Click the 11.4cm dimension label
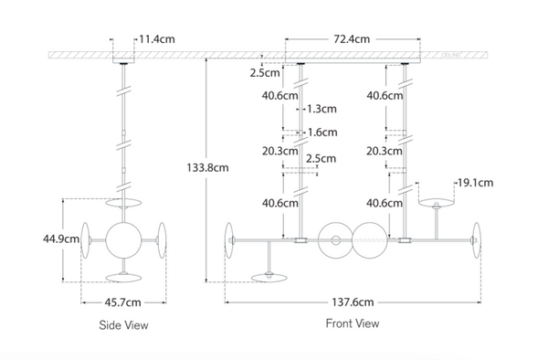click(x=157, y=40)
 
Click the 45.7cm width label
click(x=123, y=301)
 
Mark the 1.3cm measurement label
click(x=321, y=108)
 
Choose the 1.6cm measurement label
click(x=321, y=131)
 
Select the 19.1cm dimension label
click(x=478, y=183)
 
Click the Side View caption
click(x=123, y=324)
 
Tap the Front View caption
click(x=353, y=323)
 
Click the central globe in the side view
click(x=123, y=239)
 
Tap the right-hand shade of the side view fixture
click(x=162, y=238)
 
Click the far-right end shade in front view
click(x=477, y=239)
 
